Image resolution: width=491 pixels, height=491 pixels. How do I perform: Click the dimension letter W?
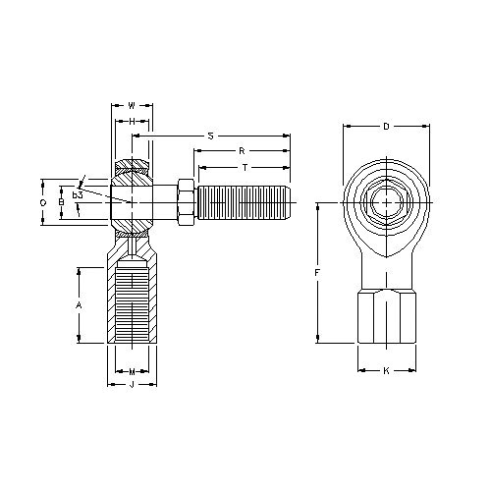pos(132,104)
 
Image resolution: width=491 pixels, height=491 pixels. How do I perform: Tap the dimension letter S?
pos(210,135)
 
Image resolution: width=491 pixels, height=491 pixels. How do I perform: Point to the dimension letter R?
pos(241,151)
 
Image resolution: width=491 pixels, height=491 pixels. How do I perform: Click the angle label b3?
pos(77,195)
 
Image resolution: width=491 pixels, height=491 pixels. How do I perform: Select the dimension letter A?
pos(79,305)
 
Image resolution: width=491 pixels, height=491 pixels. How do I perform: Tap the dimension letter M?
pos(132,371)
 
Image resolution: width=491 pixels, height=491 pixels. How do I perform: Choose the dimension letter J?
pos(132,385)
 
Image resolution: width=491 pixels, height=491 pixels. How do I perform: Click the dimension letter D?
pos(386,126)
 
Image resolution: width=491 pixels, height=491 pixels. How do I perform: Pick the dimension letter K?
pos(386,371)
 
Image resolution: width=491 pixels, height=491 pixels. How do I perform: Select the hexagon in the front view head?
pos(386,202)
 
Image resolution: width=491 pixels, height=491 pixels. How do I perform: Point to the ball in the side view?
pos(131,201)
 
